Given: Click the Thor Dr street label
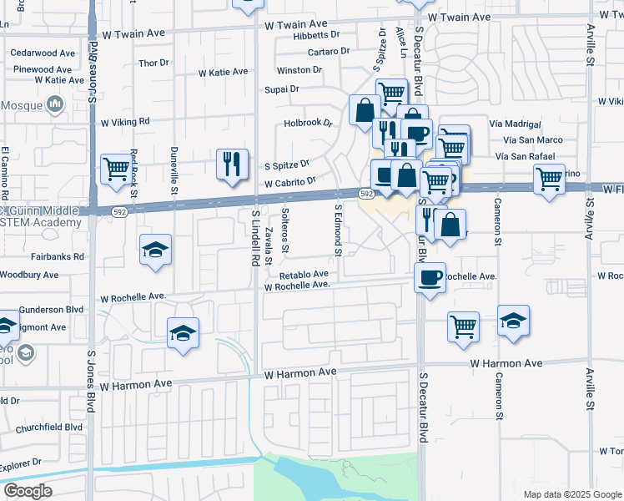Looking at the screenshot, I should (153, 63).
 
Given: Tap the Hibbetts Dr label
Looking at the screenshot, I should (317, 35).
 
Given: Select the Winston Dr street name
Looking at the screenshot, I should (299, 70).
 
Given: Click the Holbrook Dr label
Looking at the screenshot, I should (308, 122).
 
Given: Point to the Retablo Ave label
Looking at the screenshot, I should (304, 274).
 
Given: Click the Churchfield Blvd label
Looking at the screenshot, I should (50, 427).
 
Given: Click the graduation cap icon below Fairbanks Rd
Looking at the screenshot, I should (156, 250).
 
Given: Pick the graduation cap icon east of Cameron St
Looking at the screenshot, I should (513, 321).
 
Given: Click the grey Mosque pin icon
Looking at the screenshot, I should (56, 104).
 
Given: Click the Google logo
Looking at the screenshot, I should (27, 491).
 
